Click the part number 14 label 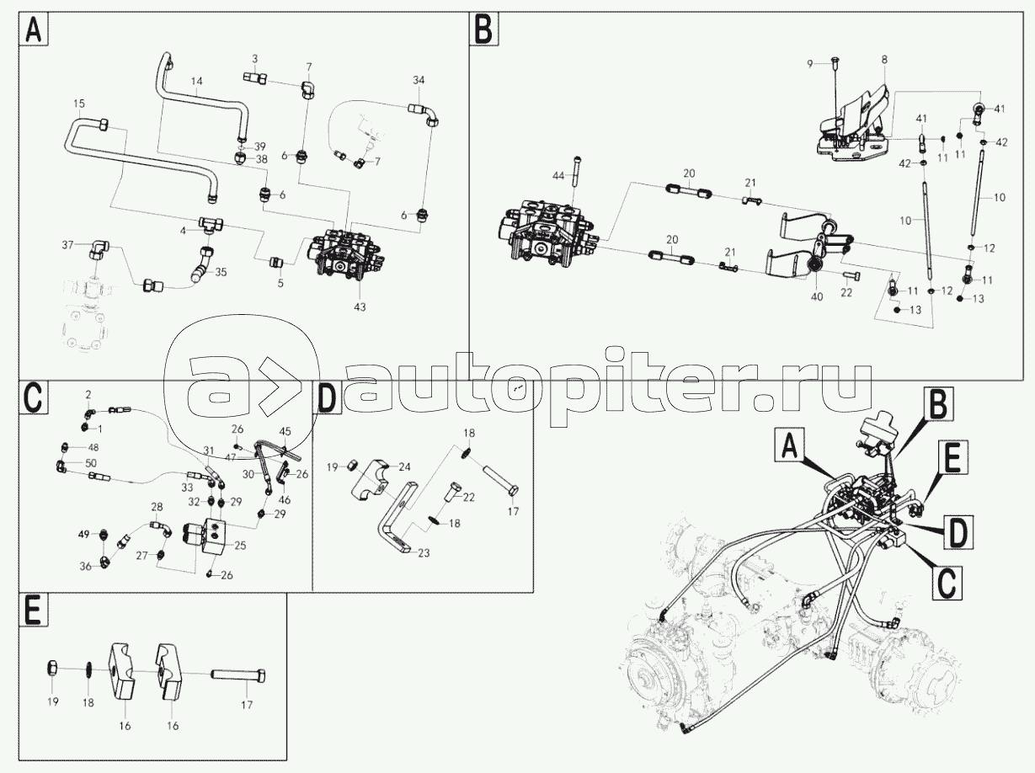[196, 81]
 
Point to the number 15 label [79, 103]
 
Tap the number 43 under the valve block [360, 307]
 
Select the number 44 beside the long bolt [558, 176]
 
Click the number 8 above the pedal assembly [884, 60]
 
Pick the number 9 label [810, 64]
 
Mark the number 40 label [817, 296]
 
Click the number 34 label [419, 80]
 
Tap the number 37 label [68, 245]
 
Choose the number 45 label [285, 431]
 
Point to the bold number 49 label [83, 535]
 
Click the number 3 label [254, 59]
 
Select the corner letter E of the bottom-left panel [34, 610]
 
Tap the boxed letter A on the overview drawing [790, 447]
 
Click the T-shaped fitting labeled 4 [211, 224]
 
